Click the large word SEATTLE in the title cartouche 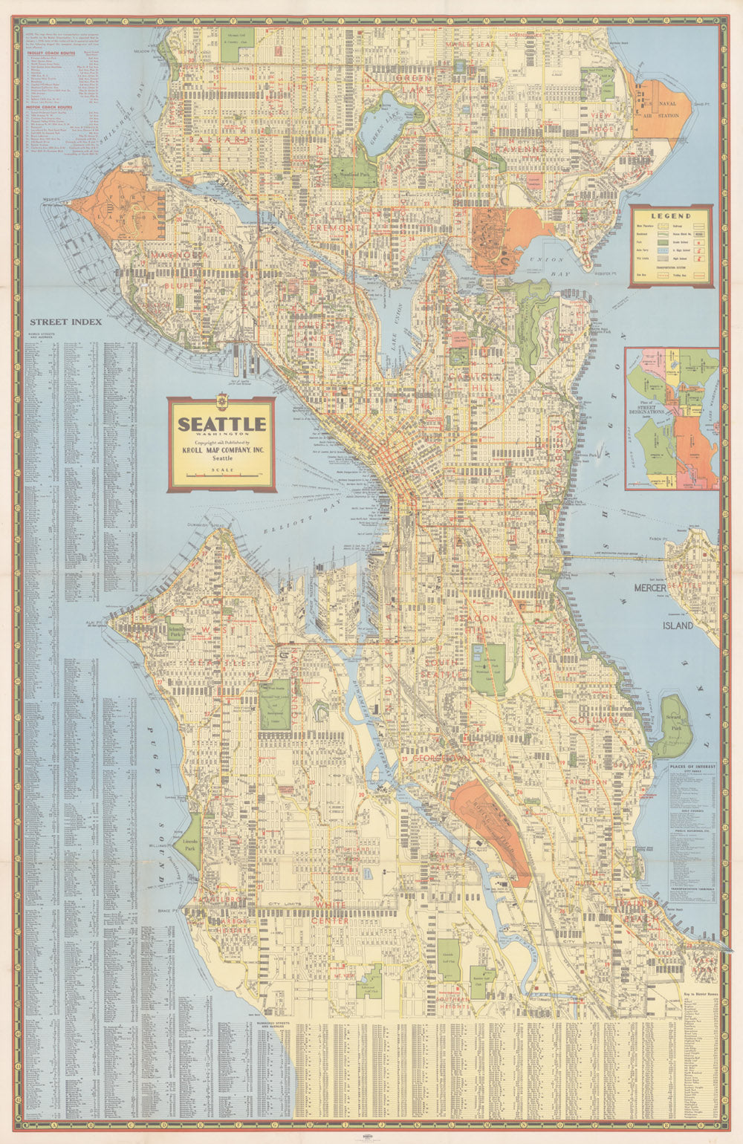point(221,424)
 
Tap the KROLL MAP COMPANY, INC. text point(221,450)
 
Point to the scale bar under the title point(221,475)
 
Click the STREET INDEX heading point(65,322)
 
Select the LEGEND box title point(671,216)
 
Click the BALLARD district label point(218,139)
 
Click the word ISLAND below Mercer point(678,625)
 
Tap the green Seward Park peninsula point(675,724)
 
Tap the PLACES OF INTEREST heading point(692,765)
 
